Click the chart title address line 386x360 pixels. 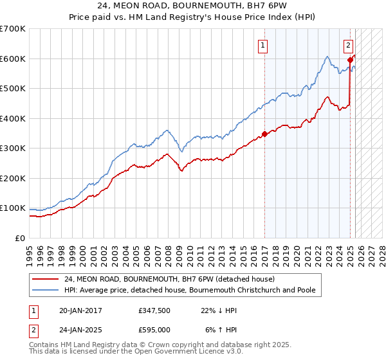pyautogui.click(x=193, y=6)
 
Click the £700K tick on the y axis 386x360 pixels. pyautogui.click(x=13, y=29)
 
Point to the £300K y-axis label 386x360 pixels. pyautogui.click(x=13, y=148)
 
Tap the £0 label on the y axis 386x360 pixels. pyautogui.click(x=21, y=238)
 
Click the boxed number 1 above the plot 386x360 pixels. pyautogui.click(x=264, y=45)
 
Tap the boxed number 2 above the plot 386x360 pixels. pyautogui.click(x=348, y=45)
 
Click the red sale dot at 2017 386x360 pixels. pyautogui.click(x=264, y=134)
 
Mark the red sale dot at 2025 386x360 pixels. pyautogui.click(x=349, y=60)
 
